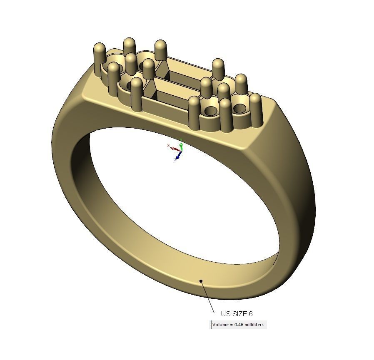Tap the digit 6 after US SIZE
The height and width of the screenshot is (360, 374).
(x=251, y=314)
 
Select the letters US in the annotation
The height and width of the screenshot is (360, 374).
(x=226, y=314)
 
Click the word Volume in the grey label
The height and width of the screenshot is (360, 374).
(x=220, y=325)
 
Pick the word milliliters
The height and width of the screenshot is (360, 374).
(x=255, y=325)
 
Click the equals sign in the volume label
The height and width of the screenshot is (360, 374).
(x=232, y=325)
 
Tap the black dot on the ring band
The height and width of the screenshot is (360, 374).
(x=201, y=281)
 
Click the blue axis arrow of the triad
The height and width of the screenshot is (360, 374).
(x=179, y=156)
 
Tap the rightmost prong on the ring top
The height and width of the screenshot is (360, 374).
(x=255, y=110)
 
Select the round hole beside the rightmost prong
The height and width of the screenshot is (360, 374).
(x=239, y=109)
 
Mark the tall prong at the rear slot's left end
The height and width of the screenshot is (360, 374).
(x=161, y=52)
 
